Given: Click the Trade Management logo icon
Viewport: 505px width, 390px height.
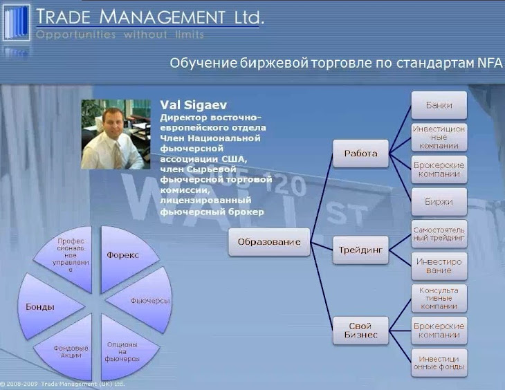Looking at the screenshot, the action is (16, 23).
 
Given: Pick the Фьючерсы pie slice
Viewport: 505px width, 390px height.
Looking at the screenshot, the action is (145, 300).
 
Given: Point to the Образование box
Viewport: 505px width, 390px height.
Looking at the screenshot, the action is (269, 242).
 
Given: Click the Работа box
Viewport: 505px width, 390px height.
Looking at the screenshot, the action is (360, 154).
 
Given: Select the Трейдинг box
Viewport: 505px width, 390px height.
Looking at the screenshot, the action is (360, 250).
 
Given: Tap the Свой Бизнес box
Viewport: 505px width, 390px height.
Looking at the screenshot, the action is (360, 331).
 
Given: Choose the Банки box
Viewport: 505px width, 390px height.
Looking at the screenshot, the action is (439, 105).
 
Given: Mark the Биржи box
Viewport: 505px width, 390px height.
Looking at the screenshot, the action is (439, 202).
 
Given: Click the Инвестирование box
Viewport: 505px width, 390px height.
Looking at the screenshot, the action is (439, 266).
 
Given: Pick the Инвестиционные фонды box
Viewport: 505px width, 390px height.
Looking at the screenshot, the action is (439, 363).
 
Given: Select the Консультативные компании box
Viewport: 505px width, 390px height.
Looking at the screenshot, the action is (439, 299).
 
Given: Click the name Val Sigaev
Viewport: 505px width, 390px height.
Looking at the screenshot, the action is (194, 105).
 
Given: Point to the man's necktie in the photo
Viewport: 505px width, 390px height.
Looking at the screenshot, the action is (117, 156).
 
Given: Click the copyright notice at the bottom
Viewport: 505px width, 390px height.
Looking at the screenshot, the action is (62, 384).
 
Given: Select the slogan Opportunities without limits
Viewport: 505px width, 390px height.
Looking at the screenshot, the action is (120, 35).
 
